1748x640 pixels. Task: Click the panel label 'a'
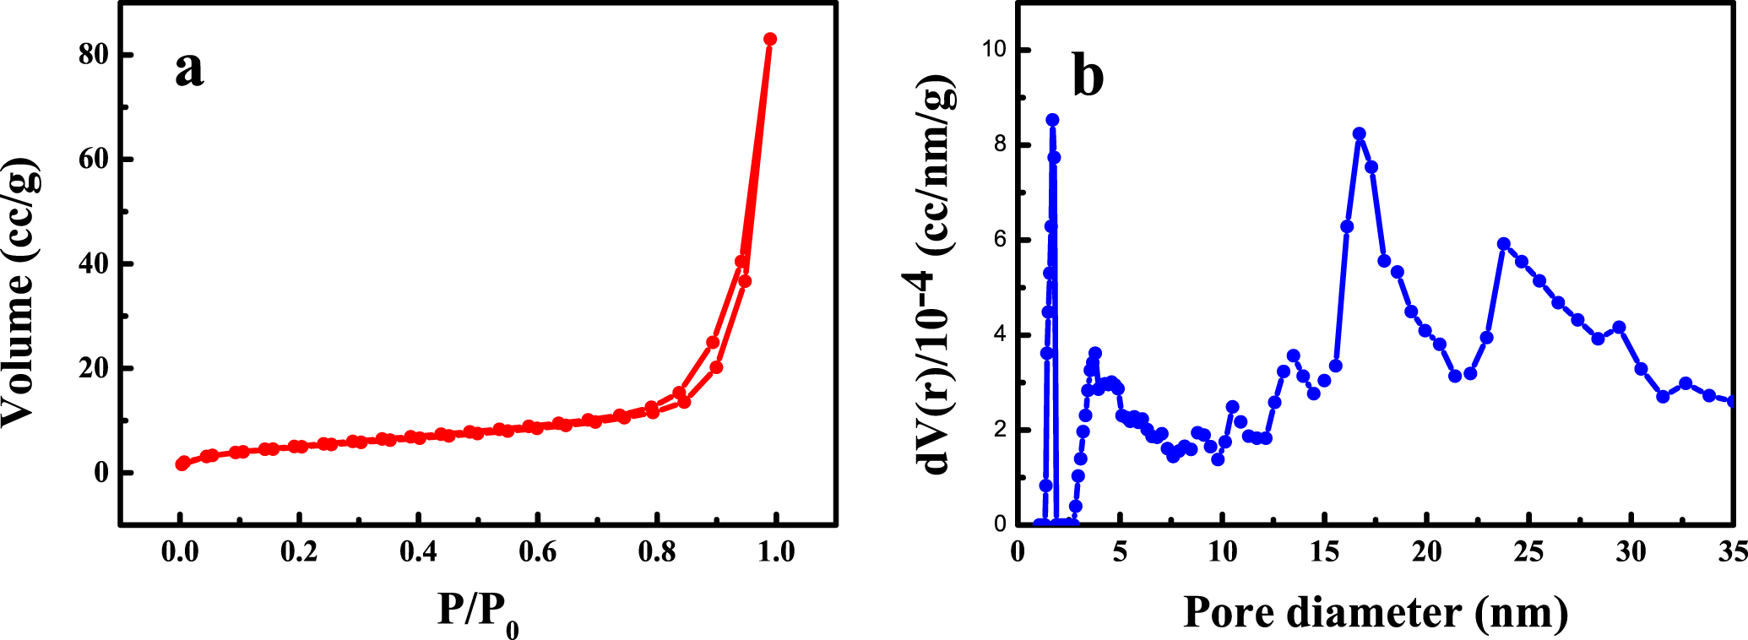189,70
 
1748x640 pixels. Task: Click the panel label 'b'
1088,77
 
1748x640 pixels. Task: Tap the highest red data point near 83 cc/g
770,39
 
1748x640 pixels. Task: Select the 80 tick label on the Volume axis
94,55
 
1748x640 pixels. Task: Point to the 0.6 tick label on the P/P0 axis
538,552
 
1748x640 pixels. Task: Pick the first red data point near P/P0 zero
182,464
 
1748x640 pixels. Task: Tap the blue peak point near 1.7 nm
1052,120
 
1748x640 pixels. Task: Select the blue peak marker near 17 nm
1359,134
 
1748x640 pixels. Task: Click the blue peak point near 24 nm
1503,244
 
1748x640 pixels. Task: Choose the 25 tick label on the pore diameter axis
1528,552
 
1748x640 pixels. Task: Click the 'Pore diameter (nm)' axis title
1376,612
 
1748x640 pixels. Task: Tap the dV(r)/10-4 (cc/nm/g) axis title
936,275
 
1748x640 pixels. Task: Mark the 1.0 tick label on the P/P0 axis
776,552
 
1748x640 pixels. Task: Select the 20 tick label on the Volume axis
94,369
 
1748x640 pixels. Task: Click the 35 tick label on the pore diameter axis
1731,552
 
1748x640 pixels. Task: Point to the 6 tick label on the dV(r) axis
1001,240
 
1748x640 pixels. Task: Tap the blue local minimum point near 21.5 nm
1455,376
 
